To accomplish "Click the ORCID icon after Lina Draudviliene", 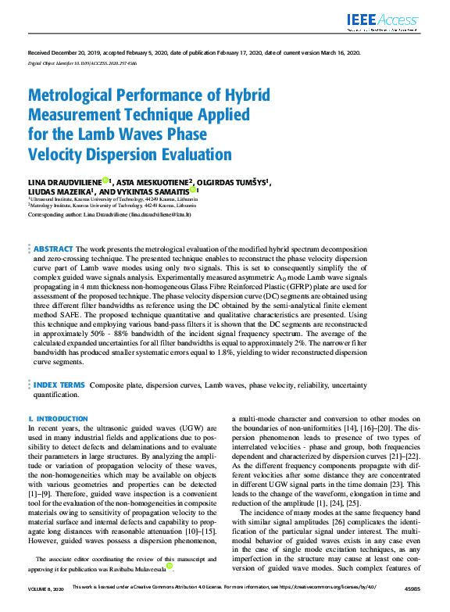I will point(105,181).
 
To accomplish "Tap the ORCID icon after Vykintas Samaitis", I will point(192,190).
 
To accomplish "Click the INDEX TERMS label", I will point(58,385).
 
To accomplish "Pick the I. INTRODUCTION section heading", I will point(58,419).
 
